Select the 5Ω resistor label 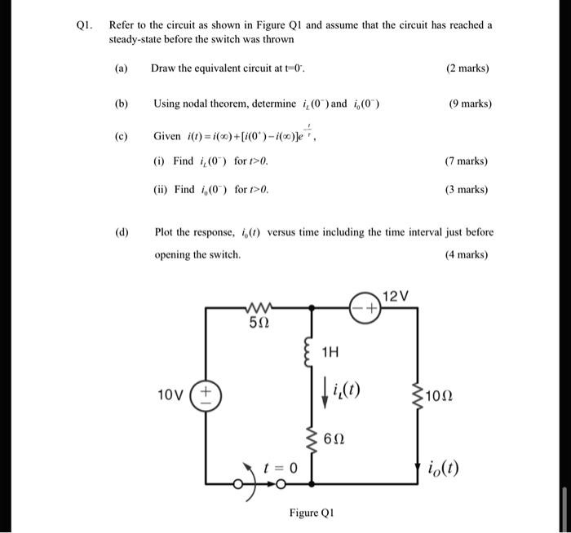coord(259,324)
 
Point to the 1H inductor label coord(330,353)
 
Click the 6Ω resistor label coord(334,438)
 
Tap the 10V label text coord(171,395)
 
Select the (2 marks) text coord(468,68)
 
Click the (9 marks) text coord(470,104)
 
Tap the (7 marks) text coord(467,161)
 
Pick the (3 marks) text coord(467,189)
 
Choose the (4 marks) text coord(467,254)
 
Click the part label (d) coord(122,232)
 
